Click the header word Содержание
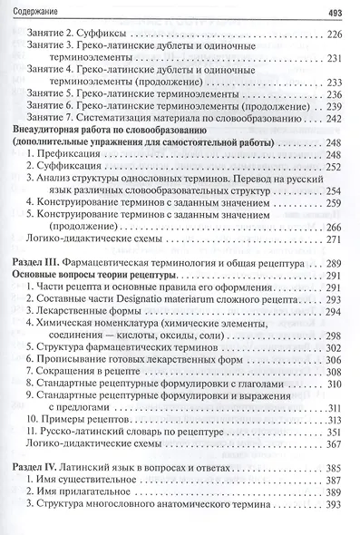tap(34, 12)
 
